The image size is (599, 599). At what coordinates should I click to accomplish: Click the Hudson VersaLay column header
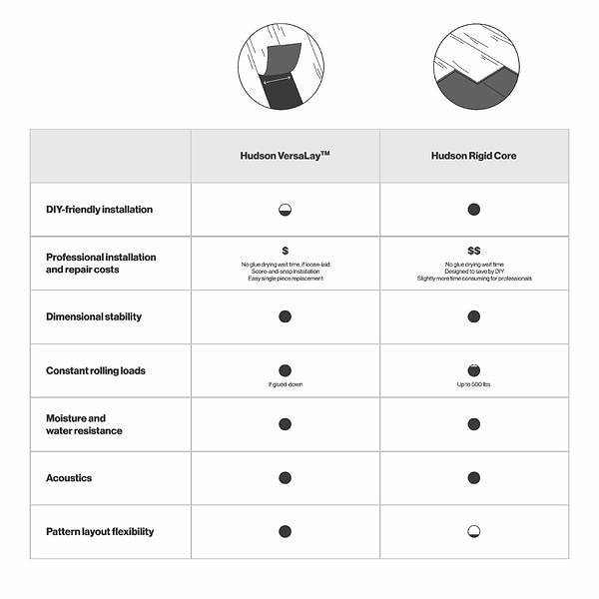tap(285, 156)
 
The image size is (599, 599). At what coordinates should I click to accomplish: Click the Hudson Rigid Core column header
tap(473, 156)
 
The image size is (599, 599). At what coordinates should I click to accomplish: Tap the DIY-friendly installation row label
tap(99, 210)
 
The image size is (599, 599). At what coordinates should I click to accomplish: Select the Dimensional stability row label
tap(94, 316)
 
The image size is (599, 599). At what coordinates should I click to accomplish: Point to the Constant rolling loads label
tap(96, 370)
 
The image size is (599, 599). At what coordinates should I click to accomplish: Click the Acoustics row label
tap(69, 478)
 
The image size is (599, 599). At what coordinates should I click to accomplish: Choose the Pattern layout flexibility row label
tap(100, 532)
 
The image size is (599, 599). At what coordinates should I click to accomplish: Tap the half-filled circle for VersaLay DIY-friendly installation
tap(285, 210)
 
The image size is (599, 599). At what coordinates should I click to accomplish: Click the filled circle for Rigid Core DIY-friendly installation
tap(473, 210)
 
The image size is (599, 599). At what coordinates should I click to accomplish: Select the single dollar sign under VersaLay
tap(285, 251)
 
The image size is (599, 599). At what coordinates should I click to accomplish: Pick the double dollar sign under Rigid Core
tap(473, 251)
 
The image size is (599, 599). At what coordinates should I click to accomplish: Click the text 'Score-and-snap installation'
tap(285, 271)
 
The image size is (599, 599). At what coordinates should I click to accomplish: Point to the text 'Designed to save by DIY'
tap(473, 271)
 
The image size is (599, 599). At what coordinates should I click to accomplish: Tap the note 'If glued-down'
tap(285, 385)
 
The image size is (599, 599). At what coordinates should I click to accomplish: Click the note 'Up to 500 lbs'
tap(473, 385)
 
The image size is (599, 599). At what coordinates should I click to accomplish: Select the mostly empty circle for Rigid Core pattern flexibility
tap(473, 532)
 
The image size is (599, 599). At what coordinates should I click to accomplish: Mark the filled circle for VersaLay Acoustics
tap(285, 478)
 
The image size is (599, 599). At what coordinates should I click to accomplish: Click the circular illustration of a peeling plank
tap(281, 67)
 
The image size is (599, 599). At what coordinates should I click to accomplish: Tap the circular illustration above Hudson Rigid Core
tap(476, 67)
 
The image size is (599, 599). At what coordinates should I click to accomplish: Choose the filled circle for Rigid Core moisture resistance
tap(473, 424)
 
